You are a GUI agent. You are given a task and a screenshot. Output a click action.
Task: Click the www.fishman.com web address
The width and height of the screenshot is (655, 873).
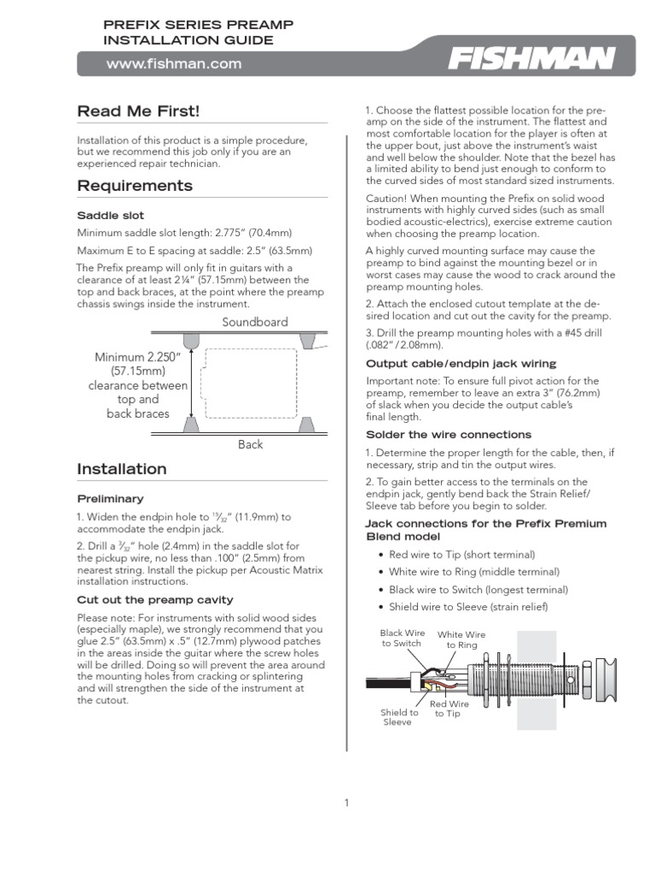[x=173, y=63]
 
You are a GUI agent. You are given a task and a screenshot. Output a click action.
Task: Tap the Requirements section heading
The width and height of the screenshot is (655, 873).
[x=135, y=186]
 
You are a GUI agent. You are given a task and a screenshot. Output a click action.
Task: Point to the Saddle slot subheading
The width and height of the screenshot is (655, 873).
[x=111, y=216]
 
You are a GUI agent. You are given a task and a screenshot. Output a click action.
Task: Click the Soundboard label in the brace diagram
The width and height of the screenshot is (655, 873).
[x=255, y=322]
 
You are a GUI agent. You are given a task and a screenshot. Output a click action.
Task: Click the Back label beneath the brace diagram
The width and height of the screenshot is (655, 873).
[x=251, y=444]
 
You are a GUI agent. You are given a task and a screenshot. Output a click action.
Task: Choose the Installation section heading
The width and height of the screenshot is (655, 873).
[x=122, y=469]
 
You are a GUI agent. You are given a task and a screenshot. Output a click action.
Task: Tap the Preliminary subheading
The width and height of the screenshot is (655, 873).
[x=110, y=499]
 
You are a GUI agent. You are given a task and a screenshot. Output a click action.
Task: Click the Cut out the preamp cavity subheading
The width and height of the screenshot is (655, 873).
[x=155, y=599]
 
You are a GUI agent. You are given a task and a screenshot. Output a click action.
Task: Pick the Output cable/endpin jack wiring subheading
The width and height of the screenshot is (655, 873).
[x=461, y=364]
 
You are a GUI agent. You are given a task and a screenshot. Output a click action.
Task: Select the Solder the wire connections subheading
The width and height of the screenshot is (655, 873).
[x=449, y=435]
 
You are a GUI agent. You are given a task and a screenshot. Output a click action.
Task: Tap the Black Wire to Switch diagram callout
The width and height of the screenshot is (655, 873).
[x=403, y=638]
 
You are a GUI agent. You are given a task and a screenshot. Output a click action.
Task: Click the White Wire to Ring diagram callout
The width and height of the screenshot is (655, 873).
[x=461, y=640]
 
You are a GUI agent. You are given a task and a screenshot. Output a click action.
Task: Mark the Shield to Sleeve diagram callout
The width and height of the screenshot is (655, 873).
[x=399, y=717]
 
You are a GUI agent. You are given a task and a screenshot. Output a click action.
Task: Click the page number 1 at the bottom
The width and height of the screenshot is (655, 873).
[x=346, y=802]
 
